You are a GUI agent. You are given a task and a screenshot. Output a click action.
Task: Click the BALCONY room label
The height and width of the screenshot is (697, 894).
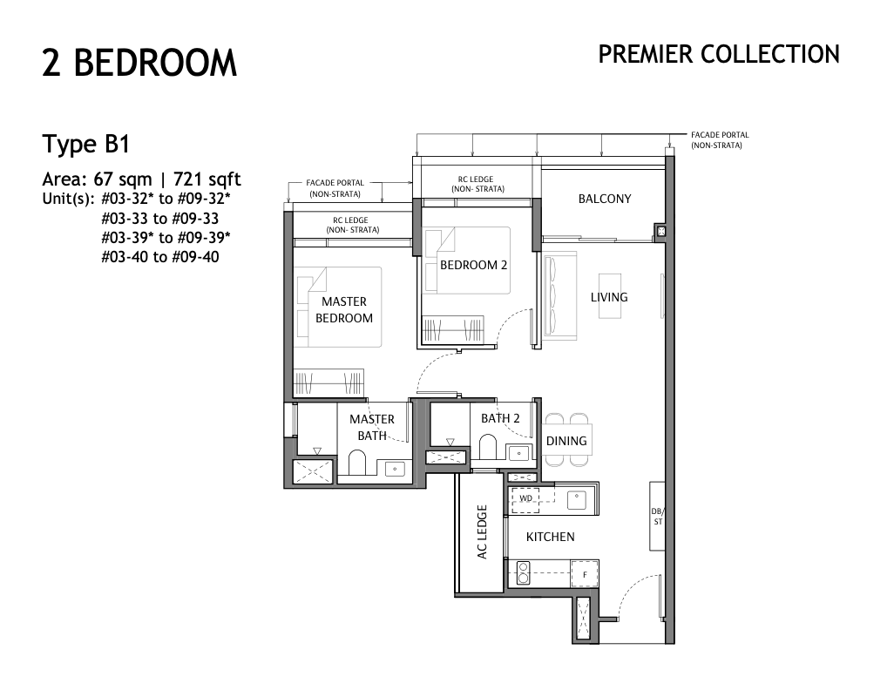(605, 199)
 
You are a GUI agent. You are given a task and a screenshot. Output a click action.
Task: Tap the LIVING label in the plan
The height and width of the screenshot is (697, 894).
(609, 297)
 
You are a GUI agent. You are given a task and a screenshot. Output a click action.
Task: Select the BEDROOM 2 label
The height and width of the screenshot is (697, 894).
(474, 265)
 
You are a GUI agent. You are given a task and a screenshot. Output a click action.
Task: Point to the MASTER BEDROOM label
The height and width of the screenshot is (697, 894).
(344, 309)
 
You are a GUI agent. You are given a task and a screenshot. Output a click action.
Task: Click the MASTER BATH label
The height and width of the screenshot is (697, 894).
(372, 428)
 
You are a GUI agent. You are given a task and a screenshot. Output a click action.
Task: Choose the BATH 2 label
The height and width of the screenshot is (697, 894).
(500, 418)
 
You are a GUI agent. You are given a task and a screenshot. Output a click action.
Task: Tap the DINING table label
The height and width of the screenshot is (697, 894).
(566, 441)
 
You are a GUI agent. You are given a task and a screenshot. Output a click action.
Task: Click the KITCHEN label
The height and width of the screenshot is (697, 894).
(550, 537)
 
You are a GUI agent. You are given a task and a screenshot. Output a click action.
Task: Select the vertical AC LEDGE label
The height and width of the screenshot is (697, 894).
(482, 531)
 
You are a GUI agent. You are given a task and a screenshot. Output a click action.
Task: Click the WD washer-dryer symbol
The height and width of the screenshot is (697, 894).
(525, 497)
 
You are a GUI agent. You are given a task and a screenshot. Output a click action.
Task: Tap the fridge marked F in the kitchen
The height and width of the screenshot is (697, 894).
(585, 574)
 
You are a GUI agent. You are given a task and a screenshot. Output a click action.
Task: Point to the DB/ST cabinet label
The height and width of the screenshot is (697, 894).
(657, 517)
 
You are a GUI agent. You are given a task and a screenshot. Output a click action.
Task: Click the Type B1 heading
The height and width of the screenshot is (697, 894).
(86, 145)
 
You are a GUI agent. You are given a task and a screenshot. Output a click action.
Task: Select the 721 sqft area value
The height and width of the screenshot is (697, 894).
(207, 179)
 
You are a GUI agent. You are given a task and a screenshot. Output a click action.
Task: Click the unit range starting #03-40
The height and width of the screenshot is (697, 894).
(160, 257)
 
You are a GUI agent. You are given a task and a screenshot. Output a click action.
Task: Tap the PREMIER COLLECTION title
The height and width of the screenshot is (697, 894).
(719, 54)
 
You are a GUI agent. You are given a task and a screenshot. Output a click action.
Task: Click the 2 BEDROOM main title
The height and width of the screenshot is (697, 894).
(139, 63)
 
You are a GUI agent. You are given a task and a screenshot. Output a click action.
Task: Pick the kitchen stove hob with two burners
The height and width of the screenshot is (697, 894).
(524, 573)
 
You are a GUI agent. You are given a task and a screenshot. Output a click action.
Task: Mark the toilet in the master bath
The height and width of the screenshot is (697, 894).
(357, 462)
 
